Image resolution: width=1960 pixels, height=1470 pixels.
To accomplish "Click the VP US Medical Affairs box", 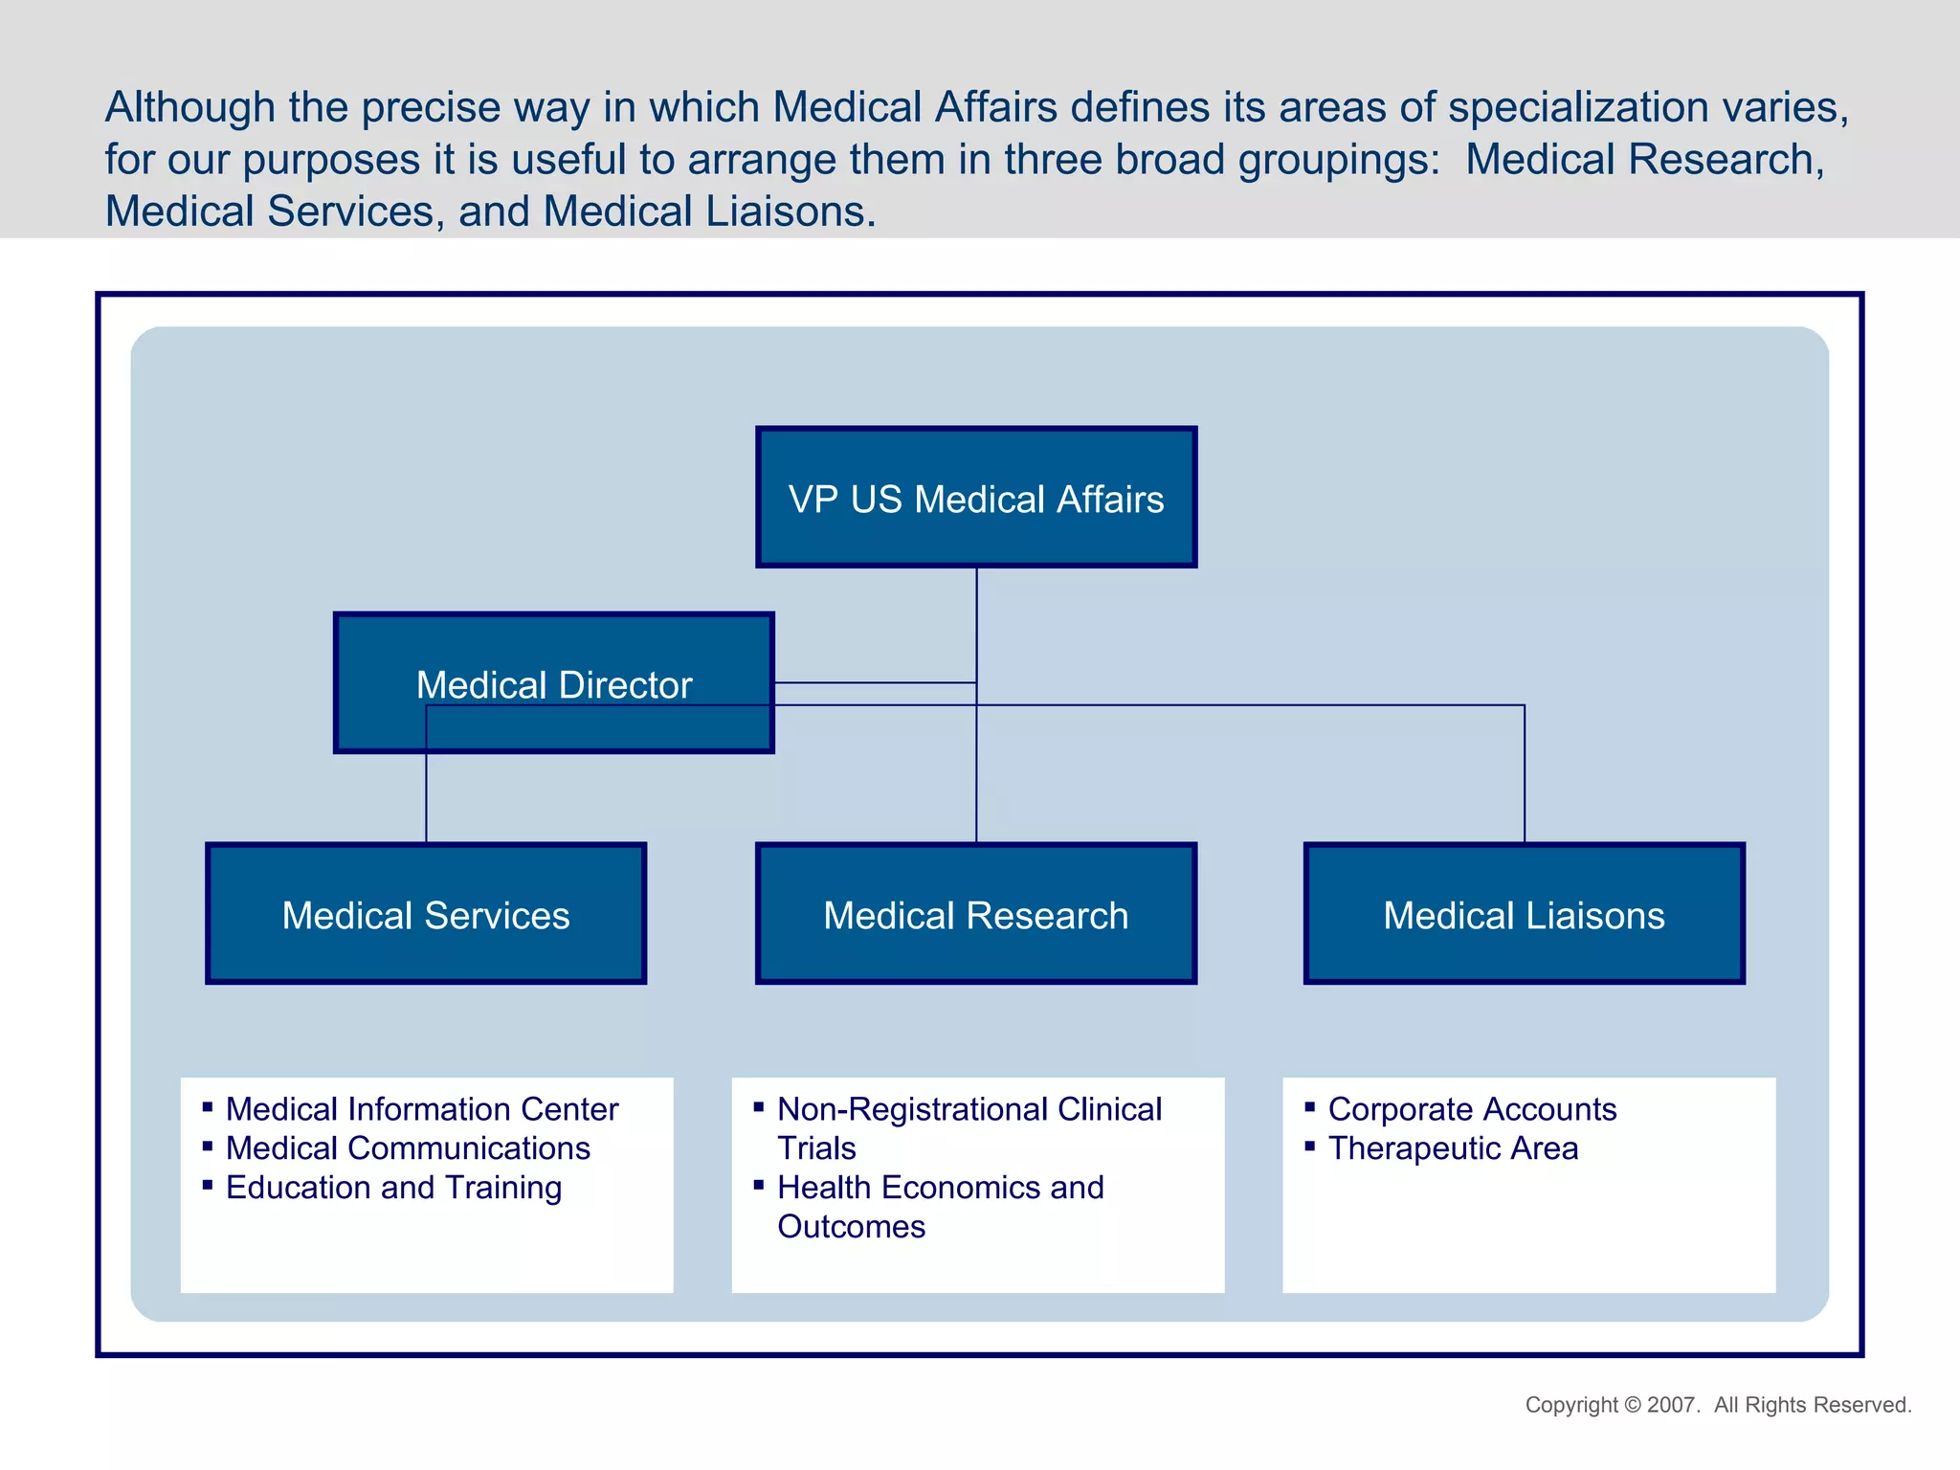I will (976, 498).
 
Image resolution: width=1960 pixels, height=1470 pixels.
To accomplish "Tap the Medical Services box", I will (426, 915).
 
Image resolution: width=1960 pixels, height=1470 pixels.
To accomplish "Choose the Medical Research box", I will (976, 915).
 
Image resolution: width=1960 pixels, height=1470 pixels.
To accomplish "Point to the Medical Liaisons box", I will (1524, 915).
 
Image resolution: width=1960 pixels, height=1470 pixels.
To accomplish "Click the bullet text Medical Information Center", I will (421, 1109).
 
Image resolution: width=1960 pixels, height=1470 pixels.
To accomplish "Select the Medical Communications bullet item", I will (408, 1148).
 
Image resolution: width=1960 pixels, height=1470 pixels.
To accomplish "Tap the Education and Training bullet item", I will (393, 1188).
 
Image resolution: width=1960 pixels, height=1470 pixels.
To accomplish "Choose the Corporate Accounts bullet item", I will (1472, 1109).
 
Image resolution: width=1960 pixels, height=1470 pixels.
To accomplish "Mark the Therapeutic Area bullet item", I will (1453, 1148).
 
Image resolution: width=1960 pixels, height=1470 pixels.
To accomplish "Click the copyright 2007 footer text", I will (1718, 1405).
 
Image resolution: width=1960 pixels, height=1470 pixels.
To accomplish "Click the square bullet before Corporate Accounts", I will (1310, 1107).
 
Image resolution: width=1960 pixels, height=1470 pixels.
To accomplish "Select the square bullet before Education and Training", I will (208, 1186).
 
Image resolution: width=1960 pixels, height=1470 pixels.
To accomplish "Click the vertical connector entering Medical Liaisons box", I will (1525, 775).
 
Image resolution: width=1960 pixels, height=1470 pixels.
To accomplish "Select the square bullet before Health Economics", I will (759, 1186).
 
